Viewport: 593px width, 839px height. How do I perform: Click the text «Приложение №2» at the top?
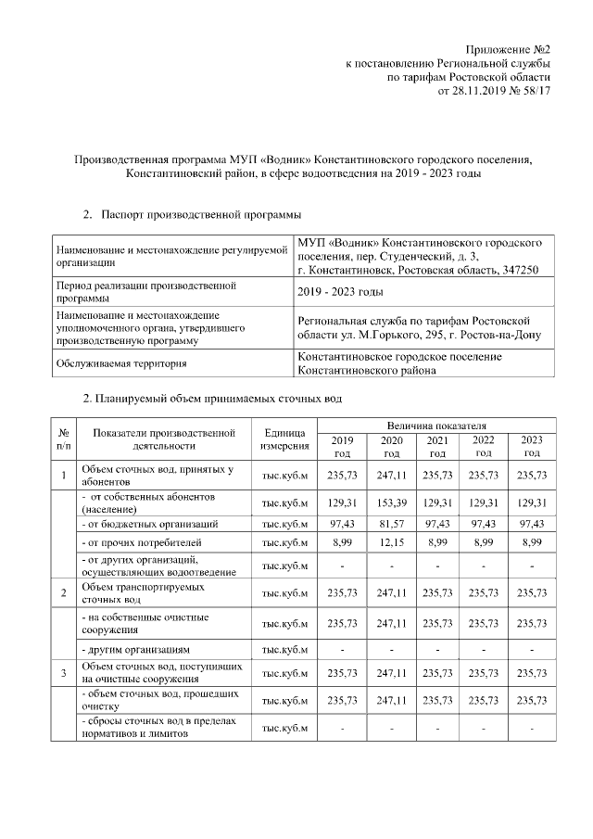[x=508, y=48]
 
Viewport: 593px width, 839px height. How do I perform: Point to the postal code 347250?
[x=522, y=270]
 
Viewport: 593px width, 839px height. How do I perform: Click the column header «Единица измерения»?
[x=284, y=440]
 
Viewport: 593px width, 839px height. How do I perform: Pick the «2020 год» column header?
[x=392, y=446]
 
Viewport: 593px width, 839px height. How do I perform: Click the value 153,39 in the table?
[x=392, y=502]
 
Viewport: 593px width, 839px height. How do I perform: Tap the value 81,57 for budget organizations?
[x=392, y=524]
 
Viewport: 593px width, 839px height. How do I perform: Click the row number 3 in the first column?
[x=64, y=672]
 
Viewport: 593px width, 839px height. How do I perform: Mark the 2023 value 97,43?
[x=532, y=524]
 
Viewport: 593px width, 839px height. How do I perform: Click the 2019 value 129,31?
[x=342, y=502]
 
